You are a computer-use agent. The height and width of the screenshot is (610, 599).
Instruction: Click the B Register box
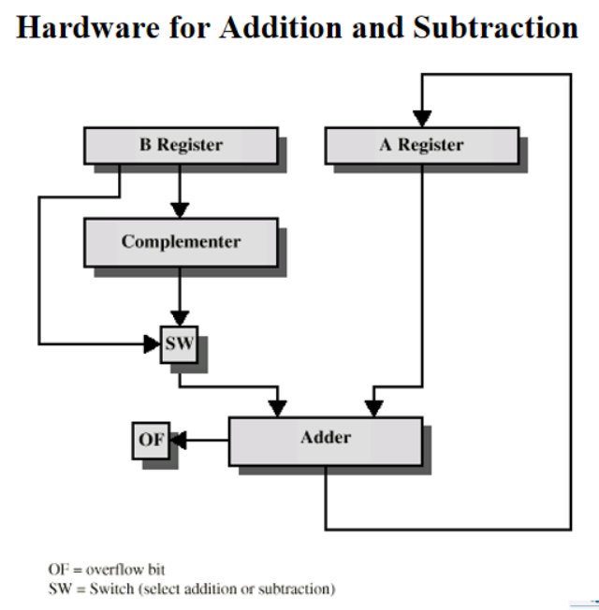[181, 146]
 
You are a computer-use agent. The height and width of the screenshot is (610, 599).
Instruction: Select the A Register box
[421, 146]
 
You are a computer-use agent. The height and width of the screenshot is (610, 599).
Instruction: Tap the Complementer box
[181, 241]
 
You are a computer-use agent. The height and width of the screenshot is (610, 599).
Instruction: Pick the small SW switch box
[180, 343]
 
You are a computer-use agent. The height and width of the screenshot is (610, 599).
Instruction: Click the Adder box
[325, 438]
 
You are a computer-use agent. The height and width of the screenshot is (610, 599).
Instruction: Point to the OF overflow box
[151, 439]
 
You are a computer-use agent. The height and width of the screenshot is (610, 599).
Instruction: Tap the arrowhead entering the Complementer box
[181, 208]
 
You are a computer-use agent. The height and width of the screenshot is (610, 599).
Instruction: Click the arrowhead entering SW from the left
[152, 343]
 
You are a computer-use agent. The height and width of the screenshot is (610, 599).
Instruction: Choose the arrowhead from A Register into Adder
[373, 407]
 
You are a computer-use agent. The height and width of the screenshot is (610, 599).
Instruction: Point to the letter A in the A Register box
[386, 145]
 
